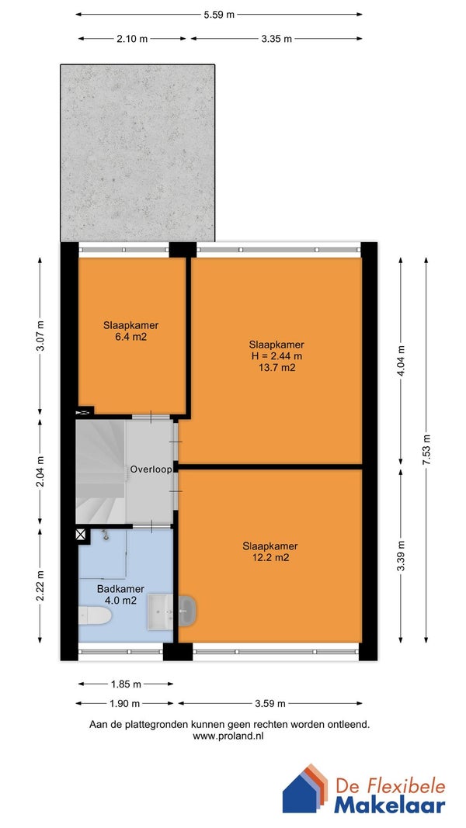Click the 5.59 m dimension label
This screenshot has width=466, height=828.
219,15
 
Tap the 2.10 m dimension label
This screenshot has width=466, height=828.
132,39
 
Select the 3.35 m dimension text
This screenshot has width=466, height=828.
276,39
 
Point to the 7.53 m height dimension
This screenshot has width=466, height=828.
426,449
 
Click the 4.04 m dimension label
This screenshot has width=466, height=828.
401,360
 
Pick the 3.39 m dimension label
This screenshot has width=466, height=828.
401,556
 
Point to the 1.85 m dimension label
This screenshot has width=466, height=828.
126,684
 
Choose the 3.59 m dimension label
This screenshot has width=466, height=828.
270,703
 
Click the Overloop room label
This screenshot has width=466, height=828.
151,469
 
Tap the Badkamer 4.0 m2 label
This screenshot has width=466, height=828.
120,594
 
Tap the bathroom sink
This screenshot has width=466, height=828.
160,611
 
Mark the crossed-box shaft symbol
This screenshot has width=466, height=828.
80,535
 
